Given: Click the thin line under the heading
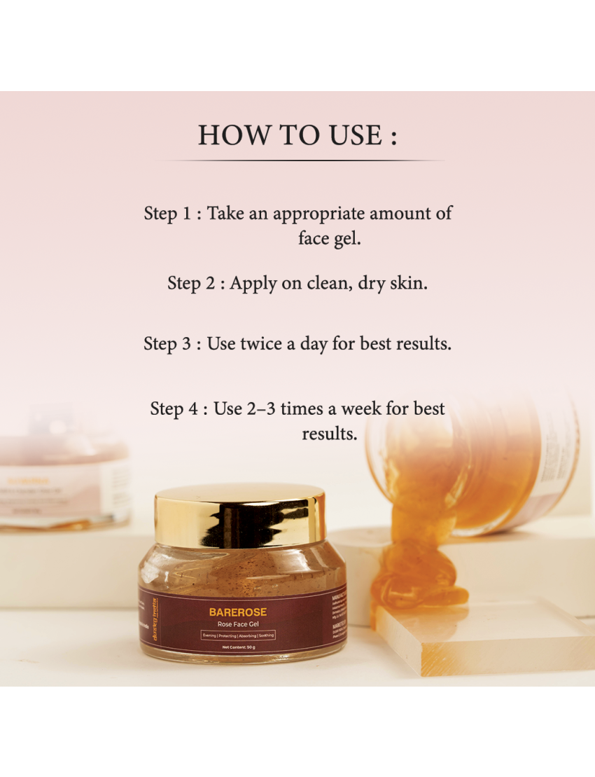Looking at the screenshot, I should point(301,160).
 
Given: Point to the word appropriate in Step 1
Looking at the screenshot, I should point(318,214).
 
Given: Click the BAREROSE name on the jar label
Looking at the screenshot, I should point(237,612).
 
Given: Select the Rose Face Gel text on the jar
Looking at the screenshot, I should point(237,624).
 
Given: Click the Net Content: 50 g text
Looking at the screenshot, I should point(237,647).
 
